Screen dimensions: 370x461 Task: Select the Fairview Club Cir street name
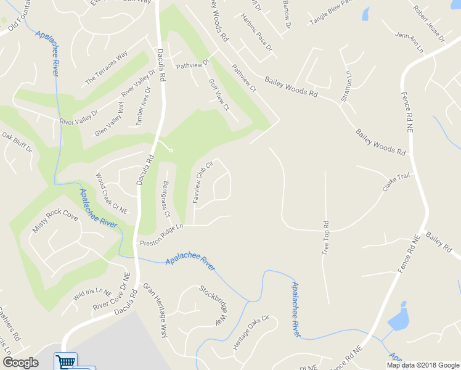coord(202,183)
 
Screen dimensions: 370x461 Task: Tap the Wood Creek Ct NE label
coord(112,193)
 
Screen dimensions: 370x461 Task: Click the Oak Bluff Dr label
coord(17,142)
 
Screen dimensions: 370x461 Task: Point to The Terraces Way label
coord(106,68)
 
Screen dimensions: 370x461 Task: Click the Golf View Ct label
coord(219,94)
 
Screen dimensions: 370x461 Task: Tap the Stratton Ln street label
coord(346,86)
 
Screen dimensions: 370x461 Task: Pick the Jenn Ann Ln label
coord(410,43)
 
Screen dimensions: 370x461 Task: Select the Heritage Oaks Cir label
coord(251,334)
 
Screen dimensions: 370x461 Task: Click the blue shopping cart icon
coord(65,361)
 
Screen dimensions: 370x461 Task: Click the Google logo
coord(20,363)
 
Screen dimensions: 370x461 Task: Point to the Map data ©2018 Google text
coord(422,365)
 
